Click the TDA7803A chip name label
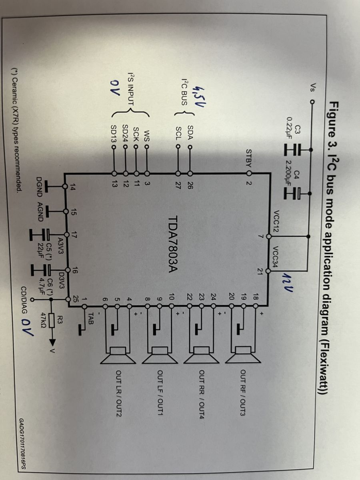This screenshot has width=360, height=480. click(174, 244)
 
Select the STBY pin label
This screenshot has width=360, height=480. click(249, 158)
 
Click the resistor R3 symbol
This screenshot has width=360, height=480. click(204, 320)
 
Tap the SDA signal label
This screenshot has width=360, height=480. click(190, 132)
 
